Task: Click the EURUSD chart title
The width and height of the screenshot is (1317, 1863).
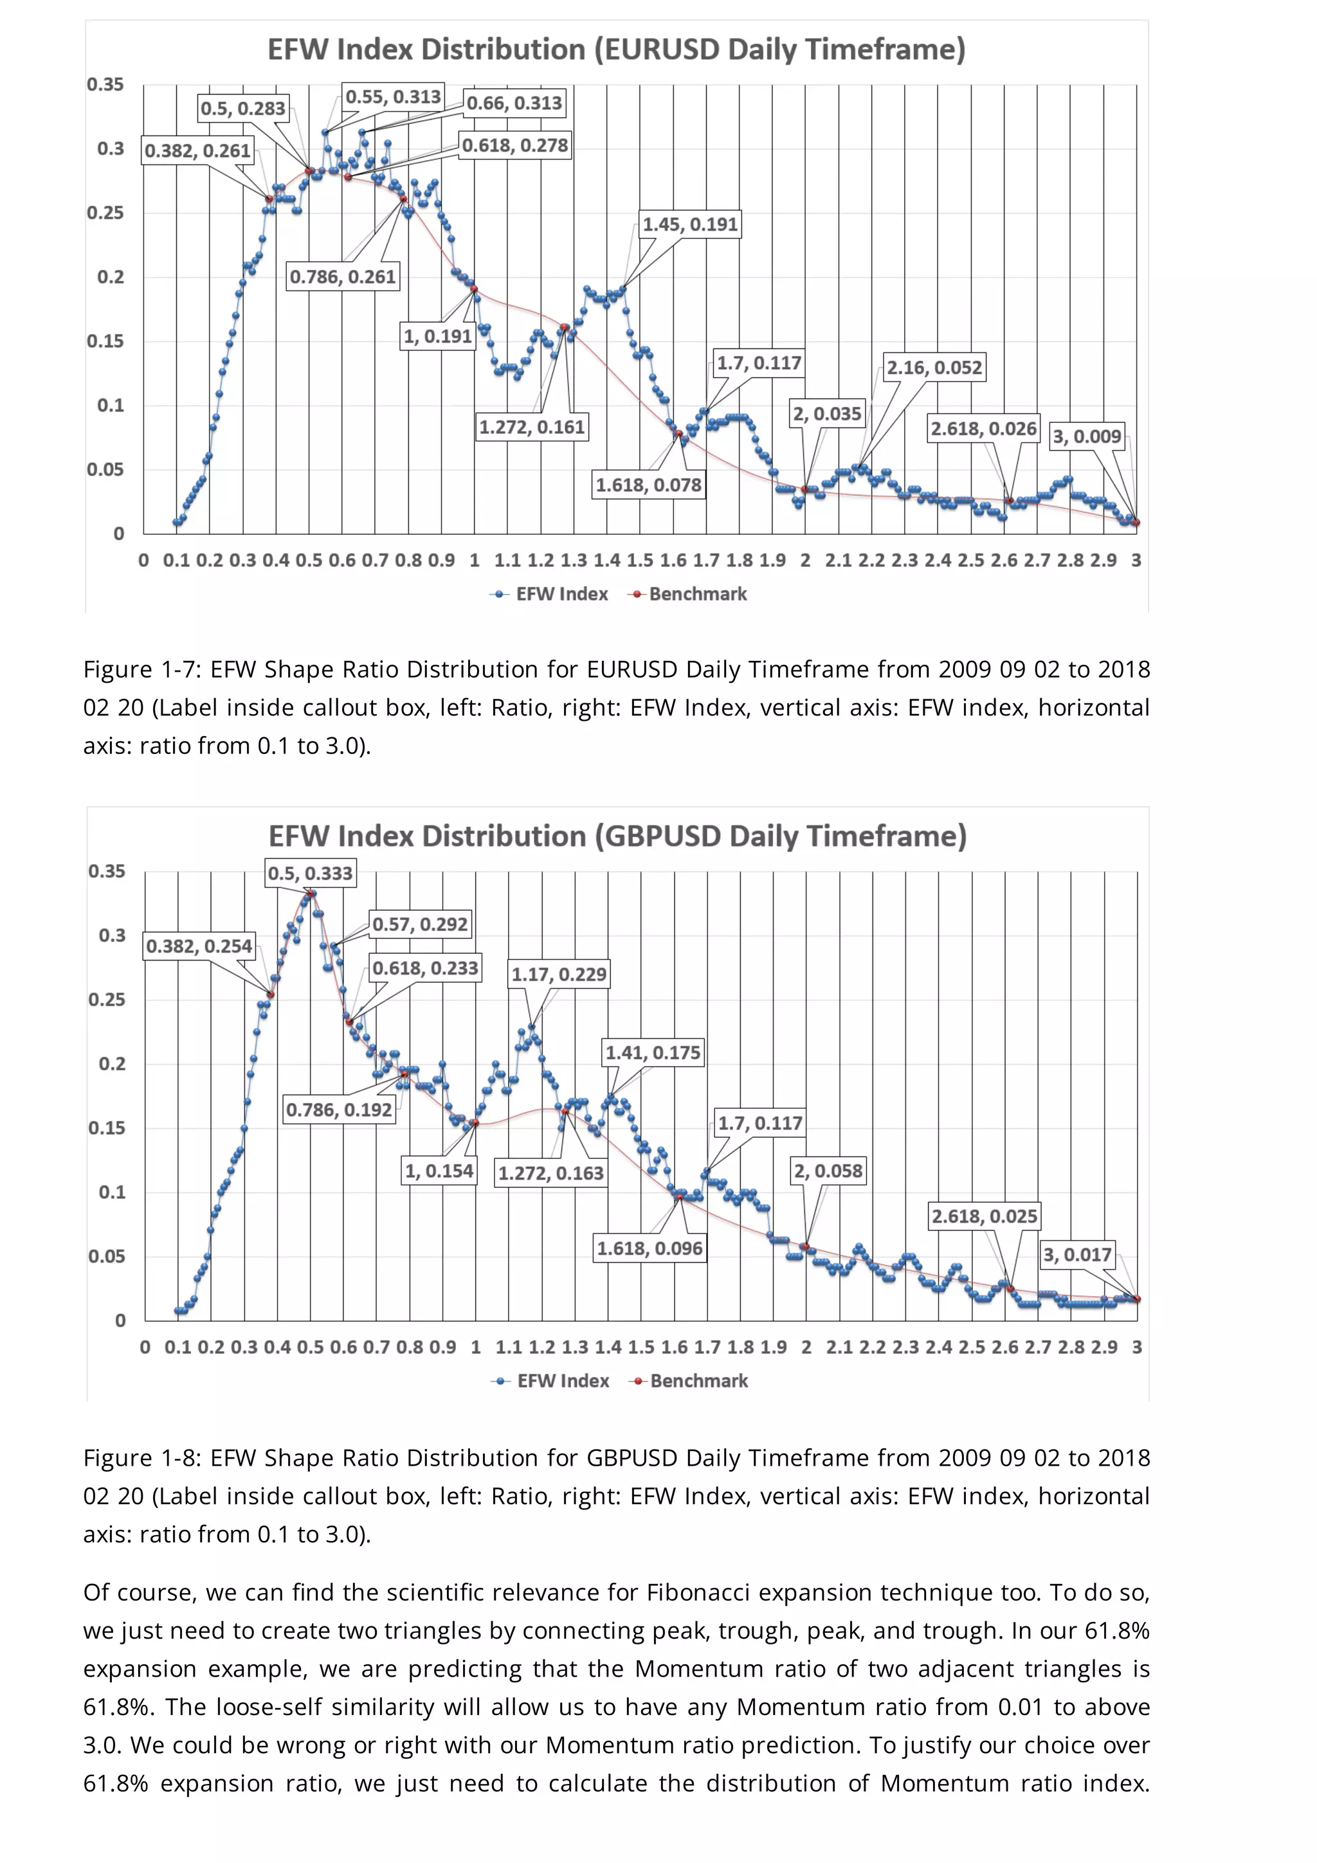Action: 616,50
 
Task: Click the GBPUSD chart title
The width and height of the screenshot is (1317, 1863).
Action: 617,836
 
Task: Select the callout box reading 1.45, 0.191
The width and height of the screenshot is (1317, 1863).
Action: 690,225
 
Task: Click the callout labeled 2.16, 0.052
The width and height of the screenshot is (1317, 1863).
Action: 933,368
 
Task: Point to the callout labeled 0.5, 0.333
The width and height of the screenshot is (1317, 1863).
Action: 310,874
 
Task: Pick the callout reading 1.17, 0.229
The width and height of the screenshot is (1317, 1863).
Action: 558,975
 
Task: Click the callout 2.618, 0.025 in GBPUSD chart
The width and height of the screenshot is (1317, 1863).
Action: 983,1216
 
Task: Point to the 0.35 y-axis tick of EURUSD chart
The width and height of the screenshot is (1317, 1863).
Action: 105,84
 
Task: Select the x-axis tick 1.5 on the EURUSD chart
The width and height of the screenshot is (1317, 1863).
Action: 639,560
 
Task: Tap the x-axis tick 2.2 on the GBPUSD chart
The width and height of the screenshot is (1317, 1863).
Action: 873,1347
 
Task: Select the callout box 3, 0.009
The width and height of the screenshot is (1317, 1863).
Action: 1087,437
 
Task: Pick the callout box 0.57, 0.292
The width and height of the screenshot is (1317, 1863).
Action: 419,924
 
